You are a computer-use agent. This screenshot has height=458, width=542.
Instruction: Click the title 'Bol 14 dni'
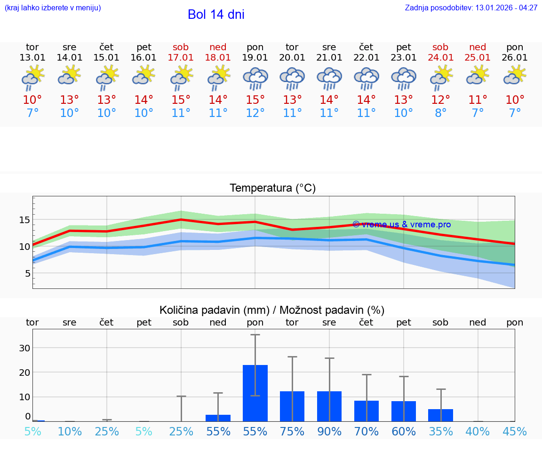click(216, 15)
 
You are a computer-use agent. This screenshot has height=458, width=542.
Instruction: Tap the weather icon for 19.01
click(255, 78)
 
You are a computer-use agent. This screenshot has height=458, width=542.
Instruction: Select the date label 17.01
click(181, 58)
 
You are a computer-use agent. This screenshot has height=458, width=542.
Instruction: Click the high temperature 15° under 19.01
click(255, 100)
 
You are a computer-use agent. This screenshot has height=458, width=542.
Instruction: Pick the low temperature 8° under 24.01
click(441, 113)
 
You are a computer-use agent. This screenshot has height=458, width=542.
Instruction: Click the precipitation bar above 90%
click(329, 406)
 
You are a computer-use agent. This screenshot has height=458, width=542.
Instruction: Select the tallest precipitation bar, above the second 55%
click(255, 393)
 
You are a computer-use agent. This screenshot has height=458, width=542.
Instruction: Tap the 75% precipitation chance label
click(292, 431)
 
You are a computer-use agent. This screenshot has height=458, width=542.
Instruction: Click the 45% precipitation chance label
click(515, 431)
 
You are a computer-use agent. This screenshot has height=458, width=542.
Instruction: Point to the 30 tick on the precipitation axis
click(24, 348)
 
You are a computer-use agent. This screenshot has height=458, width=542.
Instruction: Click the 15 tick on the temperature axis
click(24, 220)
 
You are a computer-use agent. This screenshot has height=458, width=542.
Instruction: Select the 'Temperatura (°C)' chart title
click(272, 188)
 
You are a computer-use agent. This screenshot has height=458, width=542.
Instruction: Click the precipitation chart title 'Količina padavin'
click(272, 310)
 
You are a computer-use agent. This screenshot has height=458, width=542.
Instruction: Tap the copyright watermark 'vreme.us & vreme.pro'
click(401, 225)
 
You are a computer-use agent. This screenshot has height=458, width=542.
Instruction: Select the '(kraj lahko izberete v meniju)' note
click(53, 8)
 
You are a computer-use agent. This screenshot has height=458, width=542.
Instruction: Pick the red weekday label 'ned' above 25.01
click(478, 47)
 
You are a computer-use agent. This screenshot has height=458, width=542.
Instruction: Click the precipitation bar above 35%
click(441, 415)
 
